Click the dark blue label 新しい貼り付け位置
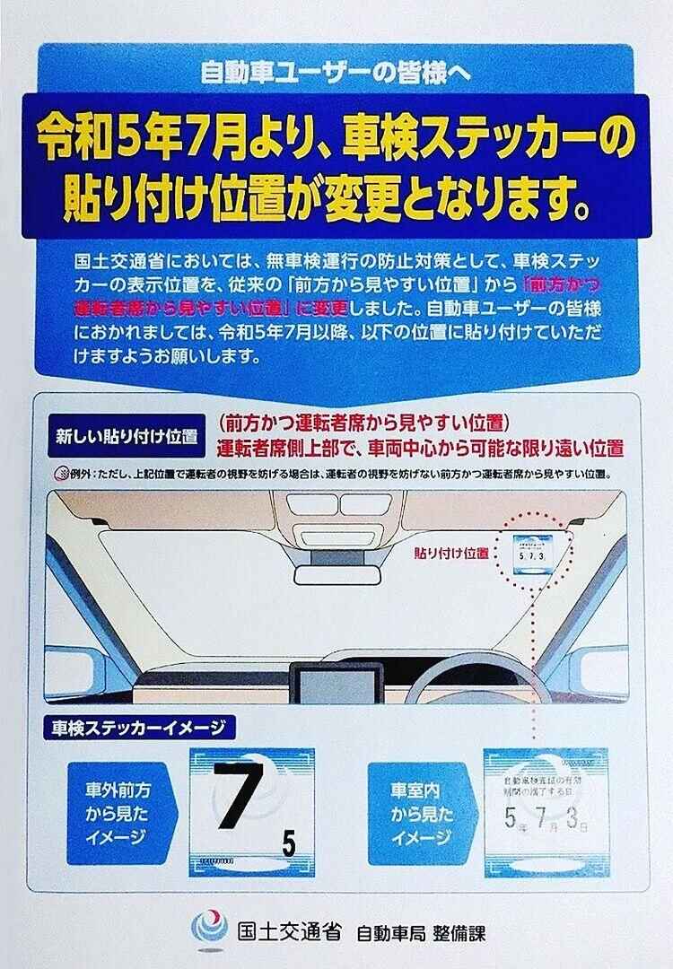click(x=126, y=437)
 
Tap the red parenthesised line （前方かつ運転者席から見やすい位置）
click(x=363, y=423)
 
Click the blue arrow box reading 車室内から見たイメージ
click(x=419, y=814)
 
